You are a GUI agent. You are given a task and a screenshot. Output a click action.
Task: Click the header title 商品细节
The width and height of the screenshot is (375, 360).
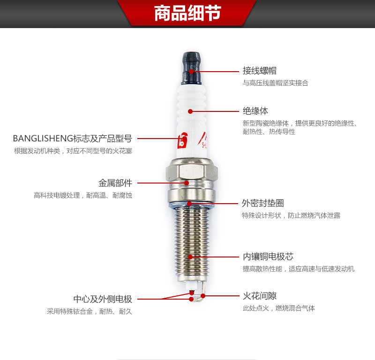[x=187, y=13]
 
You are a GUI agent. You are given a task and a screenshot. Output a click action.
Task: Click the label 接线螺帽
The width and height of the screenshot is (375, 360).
[x=260, y=71]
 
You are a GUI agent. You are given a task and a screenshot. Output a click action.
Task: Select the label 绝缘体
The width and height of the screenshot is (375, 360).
[x=255, y=111]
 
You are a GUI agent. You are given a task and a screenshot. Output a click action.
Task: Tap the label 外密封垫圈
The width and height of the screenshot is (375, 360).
[x=263, y=203]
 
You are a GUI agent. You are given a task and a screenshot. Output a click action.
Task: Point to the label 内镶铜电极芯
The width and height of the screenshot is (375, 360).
[x=268, y=257]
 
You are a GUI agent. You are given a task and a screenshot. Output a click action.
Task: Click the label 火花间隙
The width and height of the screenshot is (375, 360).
[x=260, y=296]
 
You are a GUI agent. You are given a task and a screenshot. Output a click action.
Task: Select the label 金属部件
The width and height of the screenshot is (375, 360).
[x=115, y=183]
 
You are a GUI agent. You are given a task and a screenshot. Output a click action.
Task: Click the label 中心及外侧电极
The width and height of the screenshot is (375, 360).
[x=103, y=299]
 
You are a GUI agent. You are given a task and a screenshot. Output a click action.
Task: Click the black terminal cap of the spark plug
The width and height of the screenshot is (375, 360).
[x=191, y=68]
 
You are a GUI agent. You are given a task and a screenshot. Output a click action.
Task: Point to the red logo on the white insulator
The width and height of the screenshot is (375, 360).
[x=182, y=140]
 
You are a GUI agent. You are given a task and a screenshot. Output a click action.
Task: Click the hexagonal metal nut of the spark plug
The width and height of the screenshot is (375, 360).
[x=192, y=171]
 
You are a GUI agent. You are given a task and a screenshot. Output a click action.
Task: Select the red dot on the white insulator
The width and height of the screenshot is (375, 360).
[x=190, y=111]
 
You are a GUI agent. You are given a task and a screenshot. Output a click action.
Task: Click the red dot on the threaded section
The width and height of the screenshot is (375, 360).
[x=190, y=257]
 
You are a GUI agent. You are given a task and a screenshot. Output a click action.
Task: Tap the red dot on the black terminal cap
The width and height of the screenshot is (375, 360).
[x=191, y=72]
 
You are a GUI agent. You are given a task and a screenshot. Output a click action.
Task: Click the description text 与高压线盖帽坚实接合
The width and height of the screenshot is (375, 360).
[x=276, y=83]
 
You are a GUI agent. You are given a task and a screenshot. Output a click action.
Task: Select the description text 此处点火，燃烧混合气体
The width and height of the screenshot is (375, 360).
[x=279, y=308]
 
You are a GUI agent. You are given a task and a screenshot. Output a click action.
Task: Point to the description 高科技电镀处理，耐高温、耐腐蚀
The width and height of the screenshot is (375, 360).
[x=83, y=195]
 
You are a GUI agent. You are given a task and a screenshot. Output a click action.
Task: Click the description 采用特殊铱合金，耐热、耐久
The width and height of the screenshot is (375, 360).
[x=90, y=311]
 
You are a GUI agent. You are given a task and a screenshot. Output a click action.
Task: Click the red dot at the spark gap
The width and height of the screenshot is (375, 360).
[x=203, y=296]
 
